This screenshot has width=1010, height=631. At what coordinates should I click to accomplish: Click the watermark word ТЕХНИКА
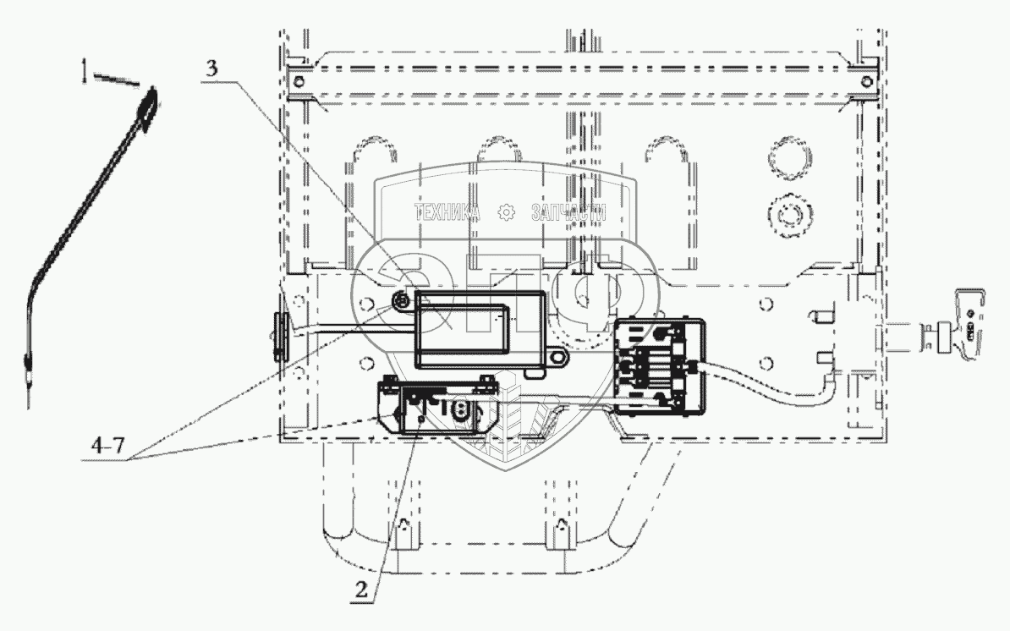coord(447,213)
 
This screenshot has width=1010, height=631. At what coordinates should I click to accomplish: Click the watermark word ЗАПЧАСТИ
coord(568,213)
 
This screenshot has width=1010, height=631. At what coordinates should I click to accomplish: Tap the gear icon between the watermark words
coord(507,213)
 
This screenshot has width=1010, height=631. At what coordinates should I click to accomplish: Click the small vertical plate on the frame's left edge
coord(279,337)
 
